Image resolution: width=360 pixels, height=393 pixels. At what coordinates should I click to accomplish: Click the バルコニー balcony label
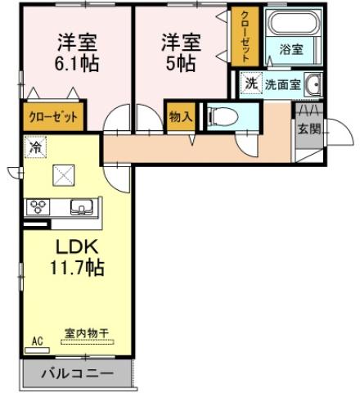click(x=75, y=375)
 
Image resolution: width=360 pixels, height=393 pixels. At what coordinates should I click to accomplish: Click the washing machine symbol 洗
click(x=252, y=83)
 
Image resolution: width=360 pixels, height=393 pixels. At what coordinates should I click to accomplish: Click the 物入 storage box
click(x=180, y=117)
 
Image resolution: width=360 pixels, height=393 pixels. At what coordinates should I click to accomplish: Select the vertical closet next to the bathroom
click(x=243, y=36)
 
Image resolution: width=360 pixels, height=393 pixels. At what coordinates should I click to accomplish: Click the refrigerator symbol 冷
click(x=35, y=147)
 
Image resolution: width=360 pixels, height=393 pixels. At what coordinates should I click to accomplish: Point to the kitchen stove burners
click(x=38, y=206)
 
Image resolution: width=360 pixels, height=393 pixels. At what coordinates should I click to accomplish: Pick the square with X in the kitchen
click(x=62, y=174)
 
